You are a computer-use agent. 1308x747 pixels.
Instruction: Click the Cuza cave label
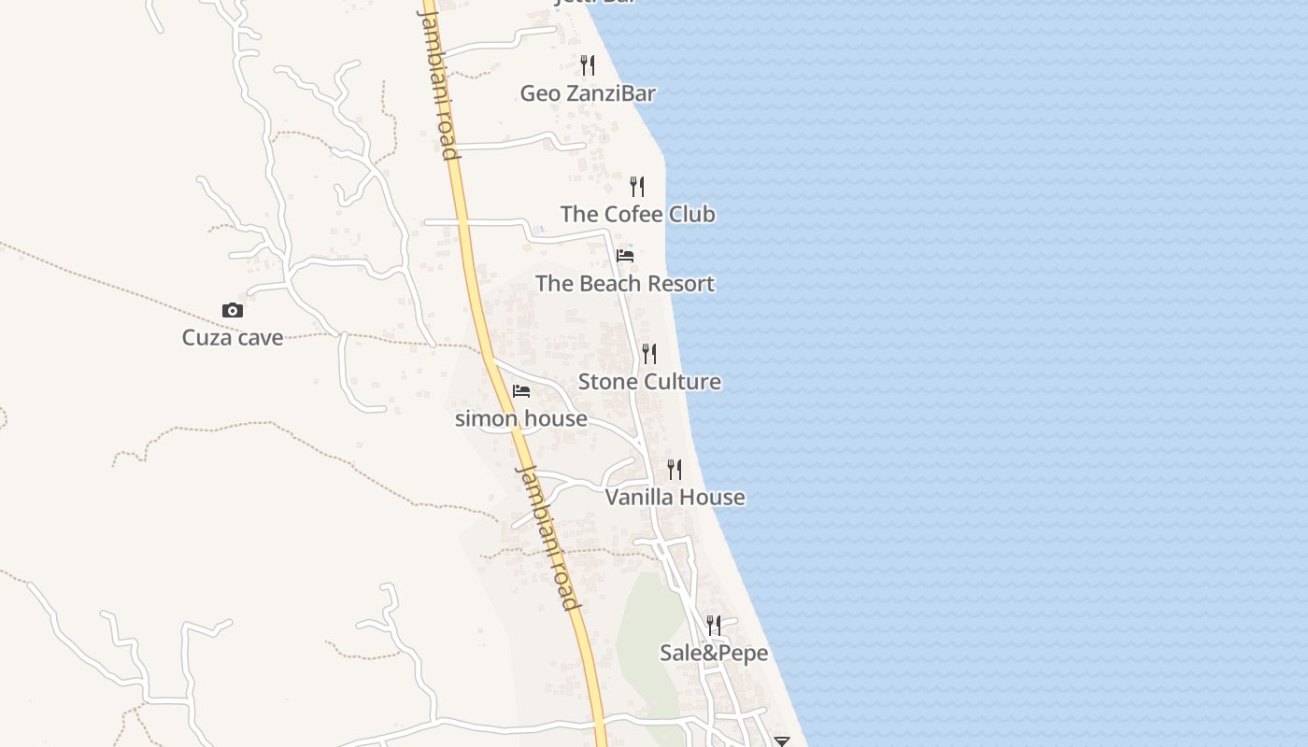pos(233,337)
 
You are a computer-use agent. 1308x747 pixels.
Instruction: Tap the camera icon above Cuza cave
pos(233,310)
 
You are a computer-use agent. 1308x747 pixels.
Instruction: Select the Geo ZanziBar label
pos(588,93)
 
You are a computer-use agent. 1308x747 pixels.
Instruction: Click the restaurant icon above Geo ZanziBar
pos(588,65)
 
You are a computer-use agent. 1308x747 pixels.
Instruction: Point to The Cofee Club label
pos(638,214)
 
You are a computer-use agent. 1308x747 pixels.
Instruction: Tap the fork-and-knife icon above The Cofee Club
pos(637,187)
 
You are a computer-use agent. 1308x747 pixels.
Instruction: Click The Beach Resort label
pos(625,284)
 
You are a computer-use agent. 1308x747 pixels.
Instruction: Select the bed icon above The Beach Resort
pos(625,256)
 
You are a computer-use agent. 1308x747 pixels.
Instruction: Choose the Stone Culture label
pos(649,382)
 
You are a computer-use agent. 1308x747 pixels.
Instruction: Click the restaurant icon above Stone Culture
pos(649,354)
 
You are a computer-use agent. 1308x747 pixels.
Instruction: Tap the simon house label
pos(521,418)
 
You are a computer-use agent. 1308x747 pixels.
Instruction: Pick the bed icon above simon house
pos(521,390)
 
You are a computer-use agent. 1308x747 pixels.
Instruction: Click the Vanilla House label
pos(675,497)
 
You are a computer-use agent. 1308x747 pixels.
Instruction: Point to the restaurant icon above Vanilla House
pos(675,469)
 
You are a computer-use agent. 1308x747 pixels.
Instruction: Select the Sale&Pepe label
pos(714,653)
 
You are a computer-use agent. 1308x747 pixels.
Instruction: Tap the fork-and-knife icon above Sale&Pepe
pos(714,625)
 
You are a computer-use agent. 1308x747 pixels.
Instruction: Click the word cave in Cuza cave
pos(260,337)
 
